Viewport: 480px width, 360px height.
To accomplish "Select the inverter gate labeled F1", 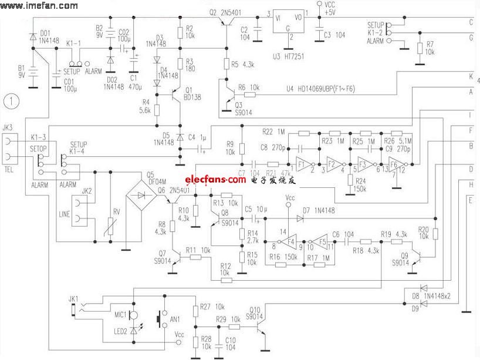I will coord(303,164).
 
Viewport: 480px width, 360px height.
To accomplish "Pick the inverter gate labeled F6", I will coord(398,164).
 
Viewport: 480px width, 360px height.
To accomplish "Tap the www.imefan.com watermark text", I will coord(36,6).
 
